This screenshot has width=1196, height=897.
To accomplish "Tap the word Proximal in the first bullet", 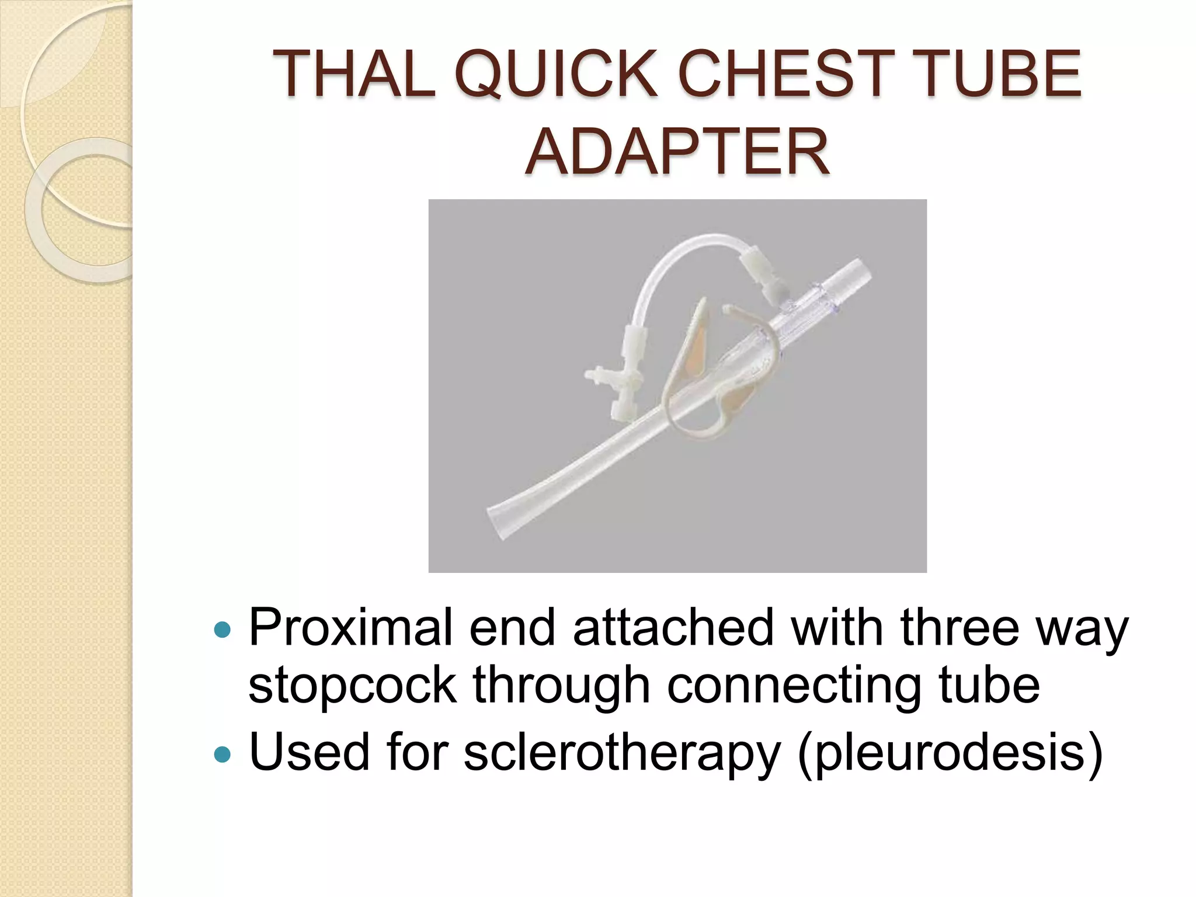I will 351,628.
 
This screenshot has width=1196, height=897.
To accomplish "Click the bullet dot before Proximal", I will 222,630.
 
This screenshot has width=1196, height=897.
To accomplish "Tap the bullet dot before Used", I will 222,755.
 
